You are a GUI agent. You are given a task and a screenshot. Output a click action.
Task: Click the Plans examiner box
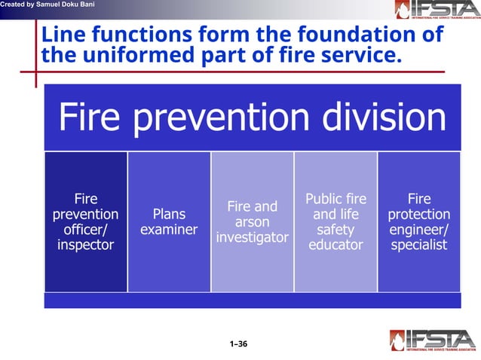169,221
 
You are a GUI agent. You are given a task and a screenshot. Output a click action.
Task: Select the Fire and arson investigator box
252,221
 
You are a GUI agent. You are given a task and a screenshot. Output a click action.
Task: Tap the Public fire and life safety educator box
335,221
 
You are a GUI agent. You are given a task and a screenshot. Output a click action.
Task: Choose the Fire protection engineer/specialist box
418,221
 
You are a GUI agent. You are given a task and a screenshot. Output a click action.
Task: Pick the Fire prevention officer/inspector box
85,221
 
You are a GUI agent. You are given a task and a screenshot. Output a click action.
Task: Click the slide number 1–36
238,344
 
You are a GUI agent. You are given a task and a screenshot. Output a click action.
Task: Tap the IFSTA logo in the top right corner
435,10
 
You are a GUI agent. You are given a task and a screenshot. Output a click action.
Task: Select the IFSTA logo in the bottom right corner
433,340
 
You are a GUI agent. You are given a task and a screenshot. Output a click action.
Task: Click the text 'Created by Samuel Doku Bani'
47,5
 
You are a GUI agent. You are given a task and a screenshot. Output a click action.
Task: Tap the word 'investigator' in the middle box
252,238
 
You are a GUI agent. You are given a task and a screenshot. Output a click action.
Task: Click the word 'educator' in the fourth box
335,245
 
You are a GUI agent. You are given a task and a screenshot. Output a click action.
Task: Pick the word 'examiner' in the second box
169,230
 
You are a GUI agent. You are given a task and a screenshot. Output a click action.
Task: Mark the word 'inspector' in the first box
85,245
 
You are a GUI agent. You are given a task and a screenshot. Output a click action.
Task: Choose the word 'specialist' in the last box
418,245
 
